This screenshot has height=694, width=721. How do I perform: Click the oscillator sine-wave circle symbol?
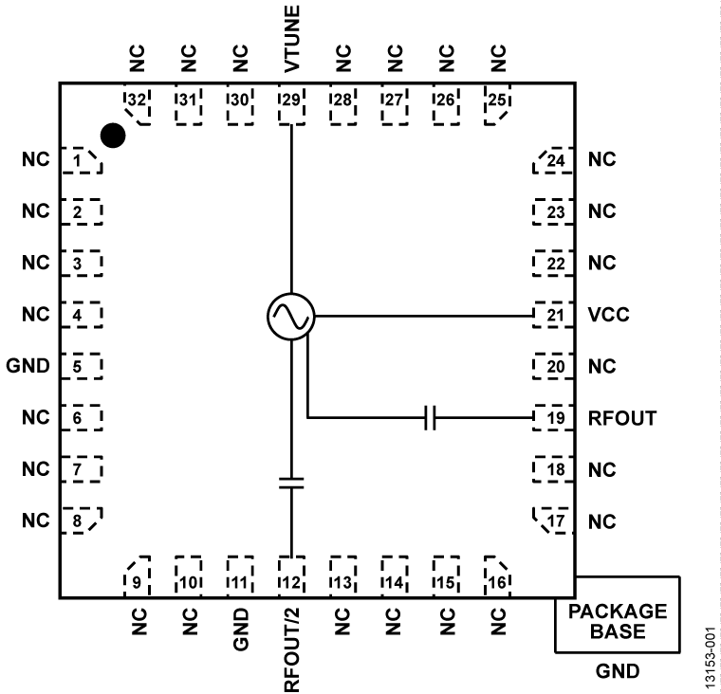(290, 315)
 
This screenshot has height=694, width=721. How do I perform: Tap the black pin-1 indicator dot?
(113, 136)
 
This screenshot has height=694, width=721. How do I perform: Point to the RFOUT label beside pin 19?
(622, 418)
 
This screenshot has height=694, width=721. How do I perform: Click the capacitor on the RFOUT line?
(430, 418)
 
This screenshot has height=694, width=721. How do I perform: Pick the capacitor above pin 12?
(290, 483)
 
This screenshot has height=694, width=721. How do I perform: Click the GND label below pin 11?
(240, 628)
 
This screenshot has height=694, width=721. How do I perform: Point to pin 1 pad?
(81, 160)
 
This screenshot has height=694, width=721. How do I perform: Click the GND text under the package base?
(618, 672)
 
